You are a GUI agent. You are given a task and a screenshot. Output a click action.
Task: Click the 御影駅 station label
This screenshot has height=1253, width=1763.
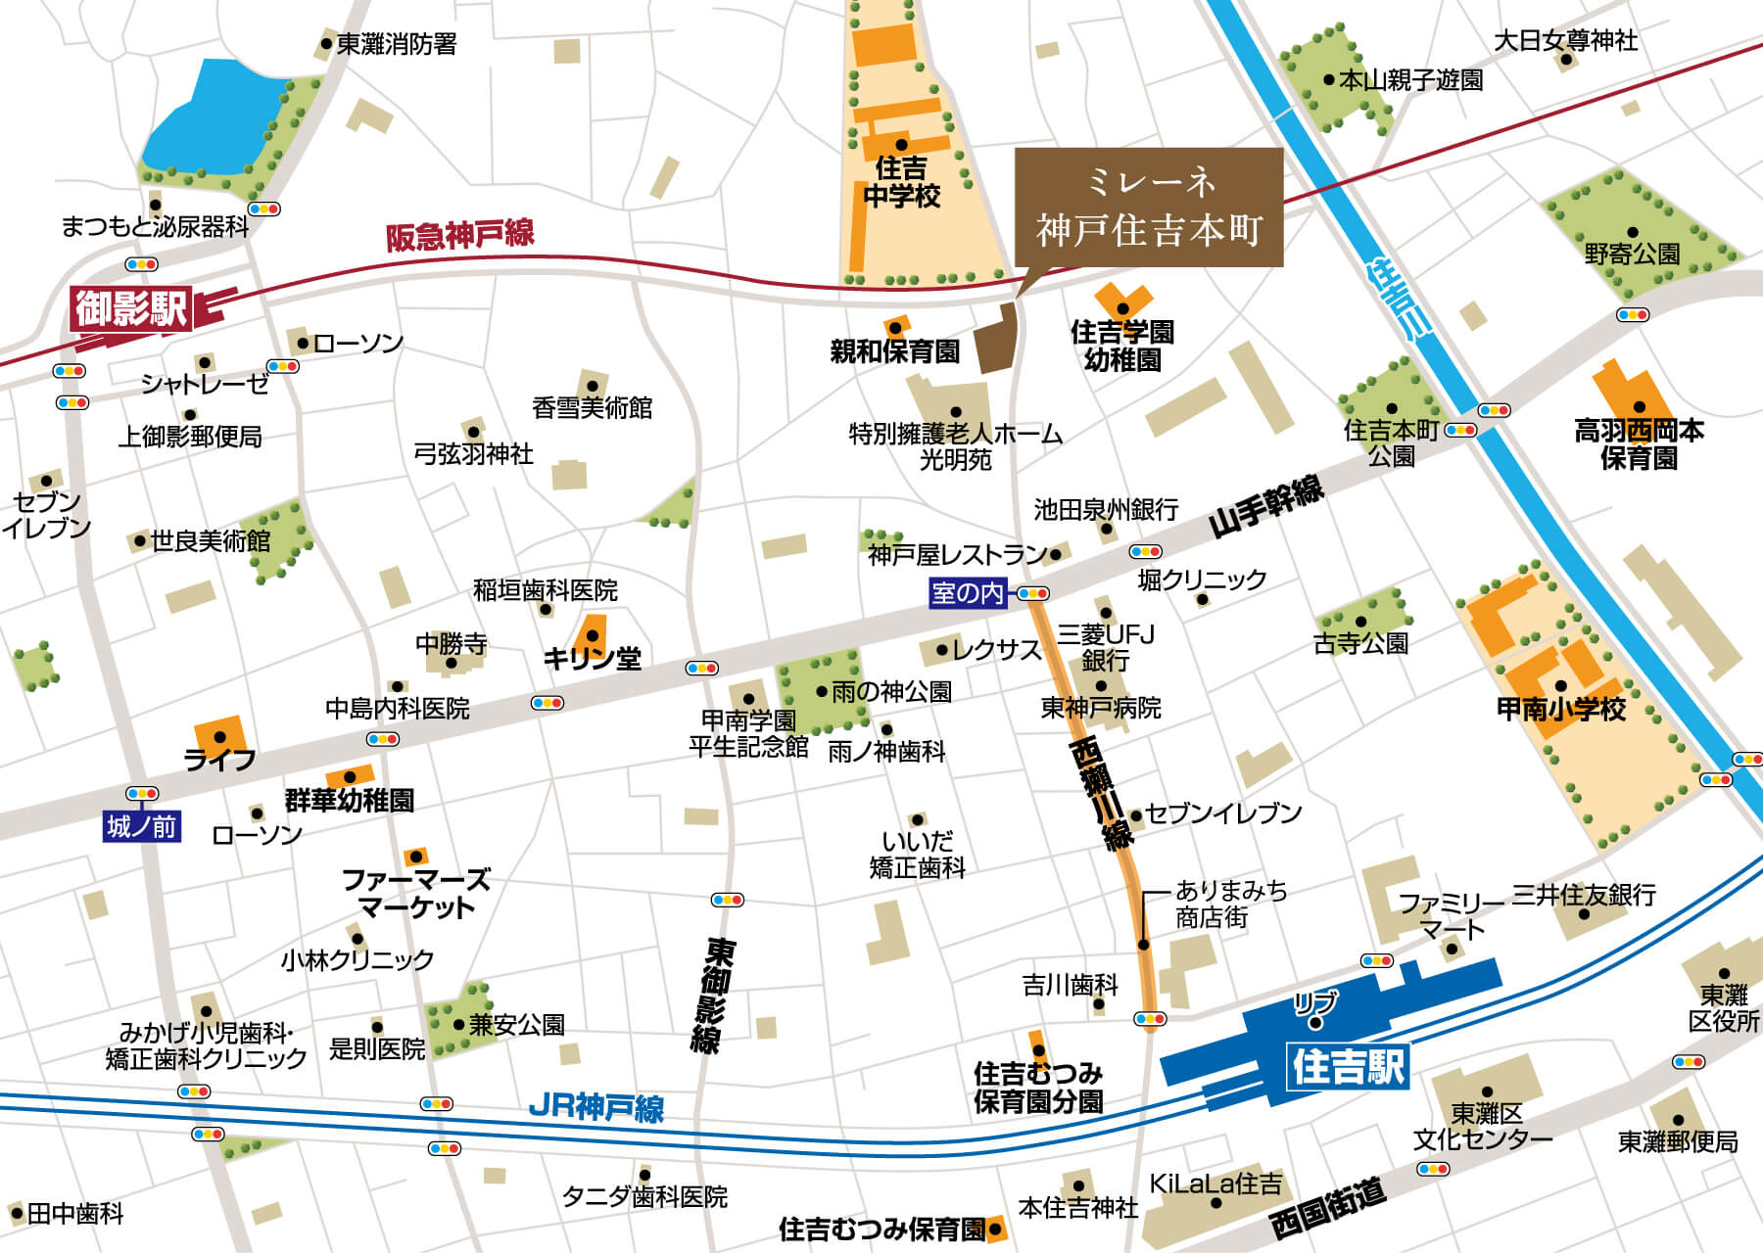tap(131, 309)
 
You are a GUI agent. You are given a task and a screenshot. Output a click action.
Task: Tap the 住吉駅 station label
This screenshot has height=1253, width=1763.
tap(1349, 1067)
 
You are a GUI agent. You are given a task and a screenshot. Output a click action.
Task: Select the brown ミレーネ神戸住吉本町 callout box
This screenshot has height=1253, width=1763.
tap(1148, 208)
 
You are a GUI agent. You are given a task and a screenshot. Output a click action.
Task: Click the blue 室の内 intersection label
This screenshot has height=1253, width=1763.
tap(968, 592)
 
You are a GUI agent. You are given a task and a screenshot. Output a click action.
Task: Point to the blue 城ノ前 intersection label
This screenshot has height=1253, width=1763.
tap(142, 827)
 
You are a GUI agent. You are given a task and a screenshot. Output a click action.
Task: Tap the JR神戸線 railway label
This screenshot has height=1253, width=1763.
tap(596, 1107)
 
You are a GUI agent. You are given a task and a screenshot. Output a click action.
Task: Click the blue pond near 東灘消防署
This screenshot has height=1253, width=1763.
tap(210, 116)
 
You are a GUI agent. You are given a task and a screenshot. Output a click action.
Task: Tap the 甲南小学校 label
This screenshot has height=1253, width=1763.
tap(1560, 709)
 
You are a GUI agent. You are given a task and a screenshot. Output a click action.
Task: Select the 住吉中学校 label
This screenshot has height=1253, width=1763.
tap(901, 182)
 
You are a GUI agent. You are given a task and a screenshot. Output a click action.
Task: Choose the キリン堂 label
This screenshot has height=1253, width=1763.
tap(592, 659)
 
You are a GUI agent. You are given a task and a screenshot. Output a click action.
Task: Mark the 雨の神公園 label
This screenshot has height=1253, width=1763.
tap(890, 692)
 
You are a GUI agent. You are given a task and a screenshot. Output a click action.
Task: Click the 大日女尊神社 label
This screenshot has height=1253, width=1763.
tap(1565, 41)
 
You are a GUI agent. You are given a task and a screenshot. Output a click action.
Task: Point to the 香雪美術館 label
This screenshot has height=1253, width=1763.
tap(592, 407)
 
